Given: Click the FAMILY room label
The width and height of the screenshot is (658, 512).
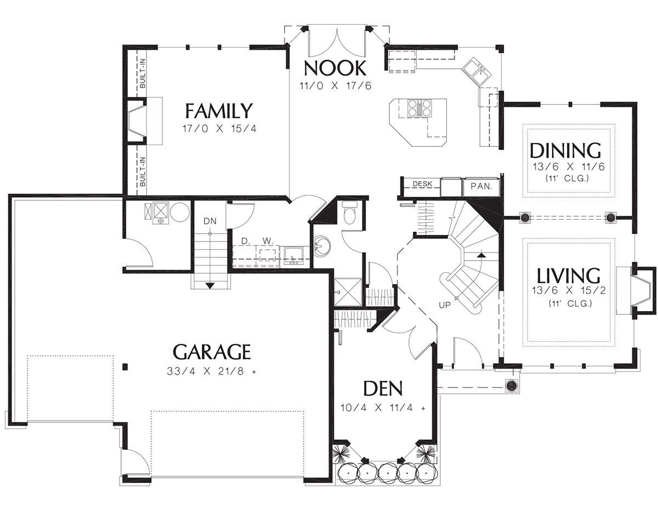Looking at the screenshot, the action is tap(218, 111).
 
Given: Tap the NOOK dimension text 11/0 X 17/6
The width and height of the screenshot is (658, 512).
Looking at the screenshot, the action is tap(335, 86).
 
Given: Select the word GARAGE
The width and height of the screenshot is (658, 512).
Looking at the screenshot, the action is tap(212, 352).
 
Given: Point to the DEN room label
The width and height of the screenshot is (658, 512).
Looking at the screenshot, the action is tap(383, 388).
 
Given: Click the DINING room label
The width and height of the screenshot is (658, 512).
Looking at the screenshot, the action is tap(565, 150).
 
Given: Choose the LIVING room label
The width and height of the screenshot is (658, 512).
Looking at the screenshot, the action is tap(568, 275).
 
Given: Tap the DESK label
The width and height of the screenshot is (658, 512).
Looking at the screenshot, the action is tap(422, 183).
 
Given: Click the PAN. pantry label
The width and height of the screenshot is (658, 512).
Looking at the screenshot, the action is tap(481, 186).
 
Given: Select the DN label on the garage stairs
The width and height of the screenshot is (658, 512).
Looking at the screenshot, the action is tap(210, 221).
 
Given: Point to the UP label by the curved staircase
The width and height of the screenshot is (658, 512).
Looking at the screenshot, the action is tap(445, 305).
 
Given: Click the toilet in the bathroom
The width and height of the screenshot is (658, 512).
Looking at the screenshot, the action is tap(350, 212).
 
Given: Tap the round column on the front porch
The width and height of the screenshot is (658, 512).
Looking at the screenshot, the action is tap(512, 385).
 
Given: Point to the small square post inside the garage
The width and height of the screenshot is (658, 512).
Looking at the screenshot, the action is tap(124, 366).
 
